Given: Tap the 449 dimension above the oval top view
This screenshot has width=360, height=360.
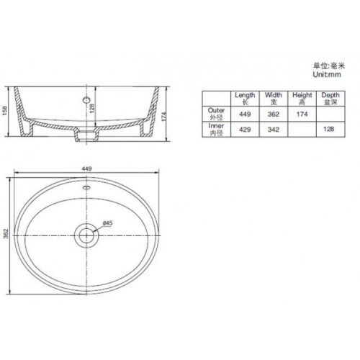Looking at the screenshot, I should coord(86,169).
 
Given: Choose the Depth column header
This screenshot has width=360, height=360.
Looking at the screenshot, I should coord(330,98).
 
